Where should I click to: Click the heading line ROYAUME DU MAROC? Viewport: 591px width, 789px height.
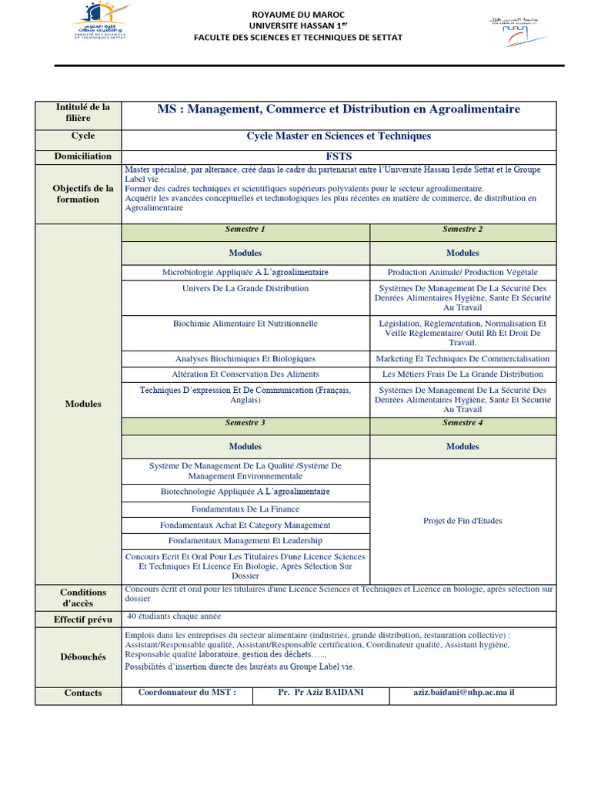[x=298, y=14]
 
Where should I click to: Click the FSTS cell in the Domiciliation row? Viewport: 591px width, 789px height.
[x=338, y=156]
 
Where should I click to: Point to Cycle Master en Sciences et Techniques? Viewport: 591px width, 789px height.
[x=338, y=136]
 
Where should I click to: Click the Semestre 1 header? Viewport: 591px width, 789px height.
[x=245, y=230]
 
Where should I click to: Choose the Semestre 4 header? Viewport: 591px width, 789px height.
[x=462, y=423]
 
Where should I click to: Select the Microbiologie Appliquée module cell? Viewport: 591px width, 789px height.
[x=245, y=272]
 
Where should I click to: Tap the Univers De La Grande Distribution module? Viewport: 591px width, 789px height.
[x=245, y=288]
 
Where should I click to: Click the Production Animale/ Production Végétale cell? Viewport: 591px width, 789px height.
[x=462, y=272]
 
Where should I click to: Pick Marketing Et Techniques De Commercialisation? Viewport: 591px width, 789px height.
[x=462, y=358]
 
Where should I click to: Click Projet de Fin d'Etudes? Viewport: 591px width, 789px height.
[x=462, y=521]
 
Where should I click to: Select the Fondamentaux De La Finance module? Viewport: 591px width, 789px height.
[x=245, y=509]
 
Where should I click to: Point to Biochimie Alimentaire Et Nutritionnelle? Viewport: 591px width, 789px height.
[x=245, y=324]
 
